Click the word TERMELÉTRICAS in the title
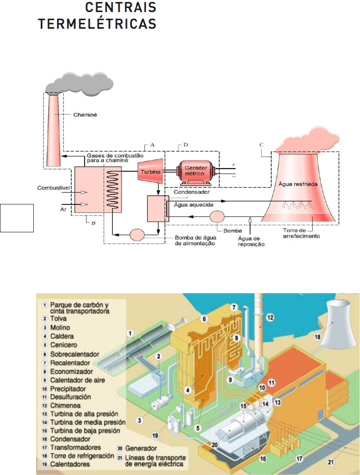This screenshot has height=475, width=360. pyautogui.click(x=97, y=23)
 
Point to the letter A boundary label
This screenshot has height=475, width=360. pyautogui.click(x=152, y=145)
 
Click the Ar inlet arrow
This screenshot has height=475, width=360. pyautogui.click(x=84, y=204)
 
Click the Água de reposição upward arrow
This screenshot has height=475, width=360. pyautogui.click(x=250, y=219)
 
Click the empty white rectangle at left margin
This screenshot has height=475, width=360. pyautogui.click(x=17, y=218)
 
